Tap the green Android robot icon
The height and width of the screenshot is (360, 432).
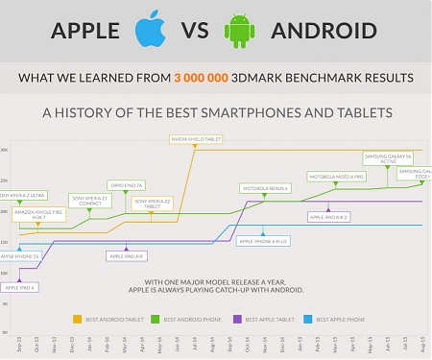pyautogui.click(x=239, y=30)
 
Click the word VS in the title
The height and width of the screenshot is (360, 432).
pyautogui.click(x=194, y=30)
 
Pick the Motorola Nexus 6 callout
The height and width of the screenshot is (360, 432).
pyautogui.click(x=266, y=188)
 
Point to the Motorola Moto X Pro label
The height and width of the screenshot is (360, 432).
pyautogui.click(x=335, y=177)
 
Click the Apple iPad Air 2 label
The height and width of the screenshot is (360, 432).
pyautogui.click(x=329, y=217)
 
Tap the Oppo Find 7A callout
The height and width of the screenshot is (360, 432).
pyautogui.click(x=126, y=184)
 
